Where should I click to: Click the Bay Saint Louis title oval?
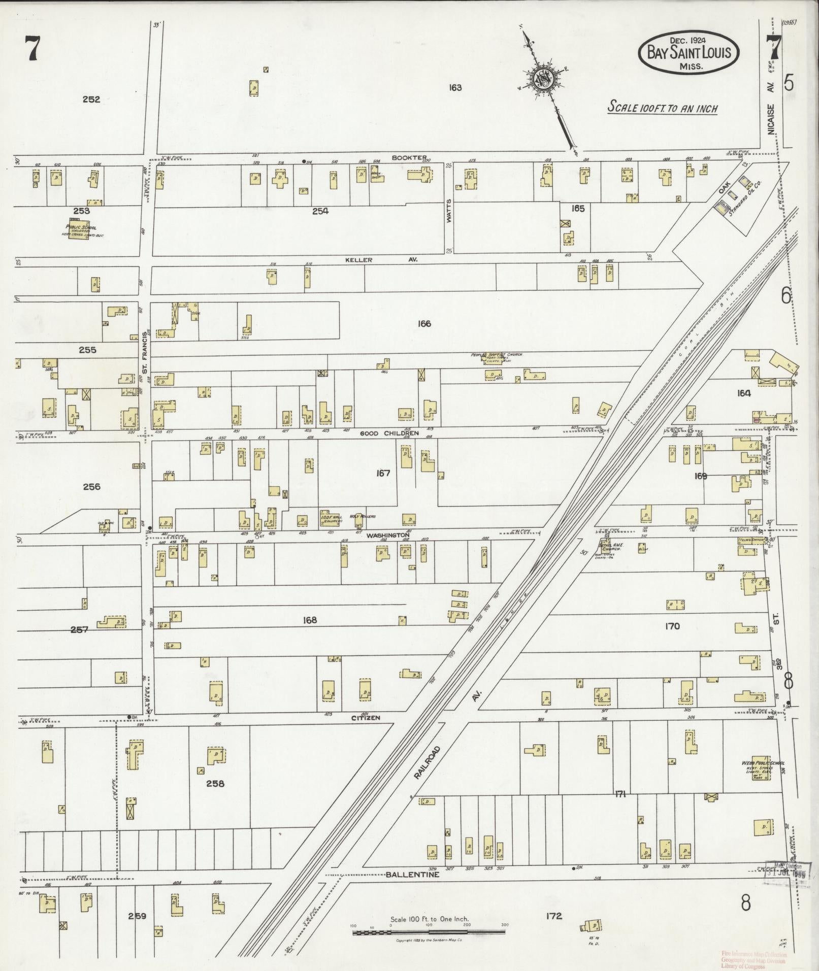coord(689,52)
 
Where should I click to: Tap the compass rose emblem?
coord(542,80)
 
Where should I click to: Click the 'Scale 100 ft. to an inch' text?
coord(663,108)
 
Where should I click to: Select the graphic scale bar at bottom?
coord(429,932)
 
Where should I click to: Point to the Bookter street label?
coord(409,158)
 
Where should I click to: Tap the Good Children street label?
coord(389,433)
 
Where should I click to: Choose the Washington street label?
coord(388,535)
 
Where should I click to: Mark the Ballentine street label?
coord(412,875)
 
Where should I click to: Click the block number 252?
coord(91,99)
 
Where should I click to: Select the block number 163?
coord(455,88)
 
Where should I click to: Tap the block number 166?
coord(424,323)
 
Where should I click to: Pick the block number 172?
coord(554,916)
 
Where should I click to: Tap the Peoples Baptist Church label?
coord(502,355)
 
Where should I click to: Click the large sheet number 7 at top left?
coord(34,50)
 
